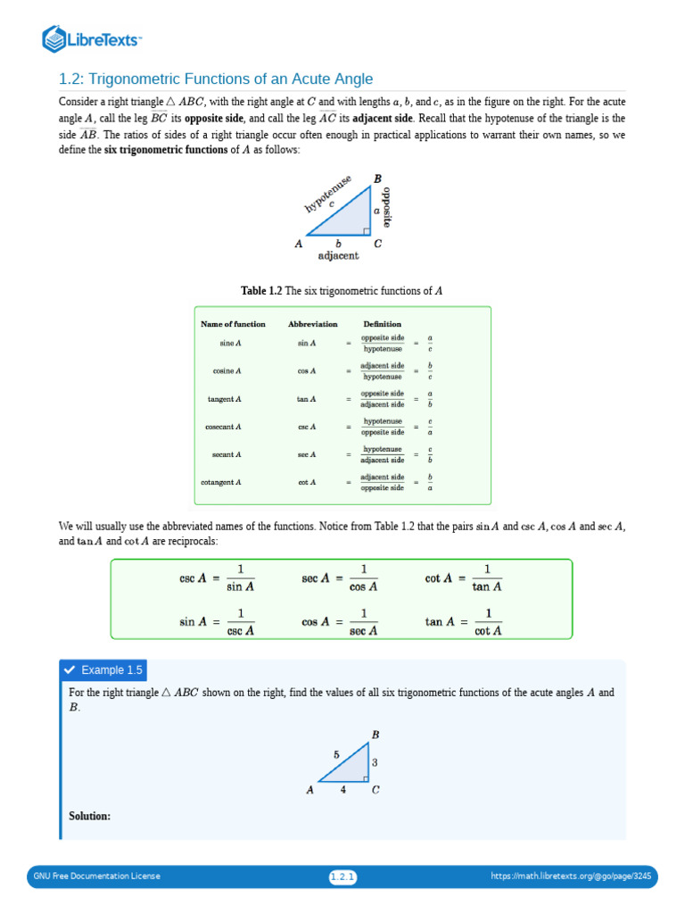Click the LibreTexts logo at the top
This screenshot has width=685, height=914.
[93, 38]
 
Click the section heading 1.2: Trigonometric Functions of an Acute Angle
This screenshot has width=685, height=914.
[216, 79]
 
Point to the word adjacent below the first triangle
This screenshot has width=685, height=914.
[339, 256]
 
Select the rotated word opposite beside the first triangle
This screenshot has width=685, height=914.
[387, 207]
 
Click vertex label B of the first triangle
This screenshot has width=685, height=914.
[377, 179]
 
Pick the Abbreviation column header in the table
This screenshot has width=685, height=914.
[312, 324]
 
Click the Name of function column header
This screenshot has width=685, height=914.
[233, 324]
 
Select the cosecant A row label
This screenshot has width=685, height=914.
[223, 427]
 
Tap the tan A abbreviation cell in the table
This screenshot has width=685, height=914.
[306, 399]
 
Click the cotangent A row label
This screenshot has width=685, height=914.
[221, 483]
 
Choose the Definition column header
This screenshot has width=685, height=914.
[382, 324]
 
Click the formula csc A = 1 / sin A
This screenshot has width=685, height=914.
[217, 577]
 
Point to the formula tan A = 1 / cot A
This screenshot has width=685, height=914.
[464, 621]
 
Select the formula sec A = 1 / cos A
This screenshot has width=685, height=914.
[340, 577]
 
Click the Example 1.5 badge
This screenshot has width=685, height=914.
[102, 670]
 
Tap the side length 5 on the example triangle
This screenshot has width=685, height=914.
[336, 754]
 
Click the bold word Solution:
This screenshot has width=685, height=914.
[89, 816]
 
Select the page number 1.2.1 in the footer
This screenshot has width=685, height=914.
[342, 877]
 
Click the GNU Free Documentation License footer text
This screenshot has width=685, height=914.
[96, 877]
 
